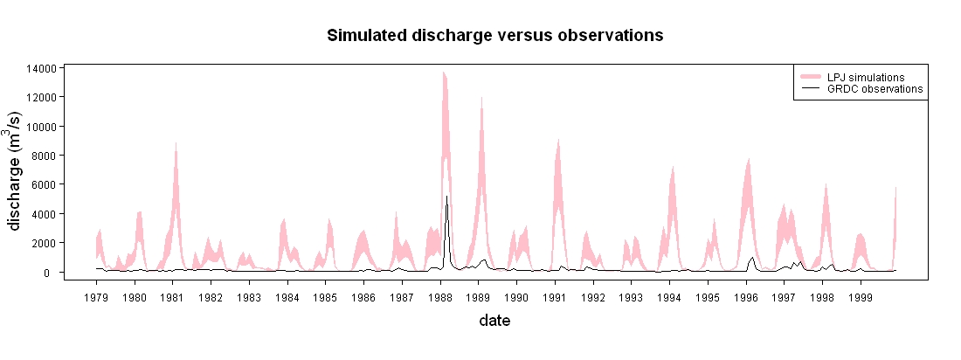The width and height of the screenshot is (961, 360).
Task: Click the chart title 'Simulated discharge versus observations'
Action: pyautogui.click(x=495, y=36)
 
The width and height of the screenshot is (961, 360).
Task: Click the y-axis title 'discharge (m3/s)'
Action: pyautogui.click(x=17, y=171)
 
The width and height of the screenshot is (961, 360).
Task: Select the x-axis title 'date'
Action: pyautogui.click(x=494, y=320)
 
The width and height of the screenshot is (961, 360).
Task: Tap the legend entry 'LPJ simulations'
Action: pyautogui.click(x=861, y=77)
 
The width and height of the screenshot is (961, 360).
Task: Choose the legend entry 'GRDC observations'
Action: pyautogui.click(x=861, y=89)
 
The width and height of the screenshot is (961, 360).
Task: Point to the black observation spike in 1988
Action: pyautogui.click(x=446, y=197)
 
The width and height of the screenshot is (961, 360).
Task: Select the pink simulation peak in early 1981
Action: pyautogui.click(x=176, y=145)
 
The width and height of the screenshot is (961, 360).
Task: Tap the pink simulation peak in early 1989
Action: pyautogui.click(x=481, y=98)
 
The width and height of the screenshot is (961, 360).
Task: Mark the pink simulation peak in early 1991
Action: pyautogui.click(x=557, y=141)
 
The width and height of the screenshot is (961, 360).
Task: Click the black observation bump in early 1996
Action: pyautogui.click(x=751, y=258)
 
